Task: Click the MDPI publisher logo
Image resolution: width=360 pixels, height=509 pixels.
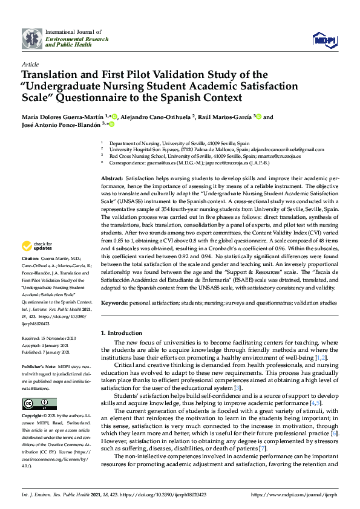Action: (324, 39)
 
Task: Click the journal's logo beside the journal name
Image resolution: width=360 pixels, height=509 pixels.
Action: (31, 39)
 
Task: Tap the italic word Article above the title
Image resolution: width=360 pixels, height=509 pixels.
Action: (30, 63)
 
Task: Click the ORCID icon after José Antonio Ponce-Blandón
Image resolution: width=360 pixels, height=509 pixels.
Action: (111, 125)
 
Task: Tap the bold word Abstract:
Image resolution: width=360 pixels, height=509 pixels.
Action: (111, 180)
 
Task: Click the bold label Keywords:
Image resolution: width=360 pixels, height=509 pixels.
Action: (114, 302)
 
